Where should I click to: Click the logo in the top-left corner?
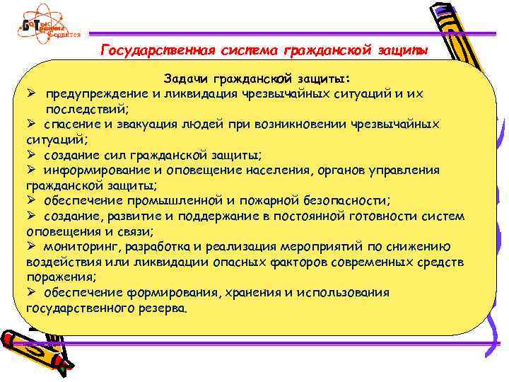pos(48,27)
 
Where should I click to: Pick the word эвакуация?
pos(139,125)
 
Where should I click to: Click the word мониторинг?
pos(75,246)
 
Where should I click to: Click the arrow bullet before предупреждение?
pos(31,94)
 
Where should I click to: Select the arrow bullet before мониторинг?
pos(31,246)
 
